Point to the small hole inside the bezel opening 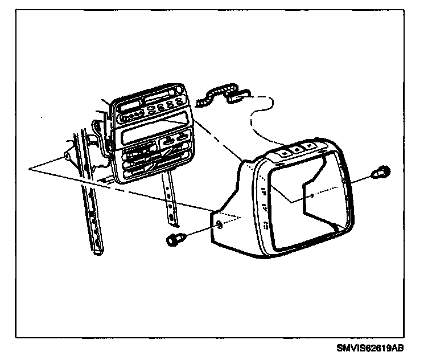tap(312, 195)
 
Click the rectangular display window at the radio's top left tap(131, 106)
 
